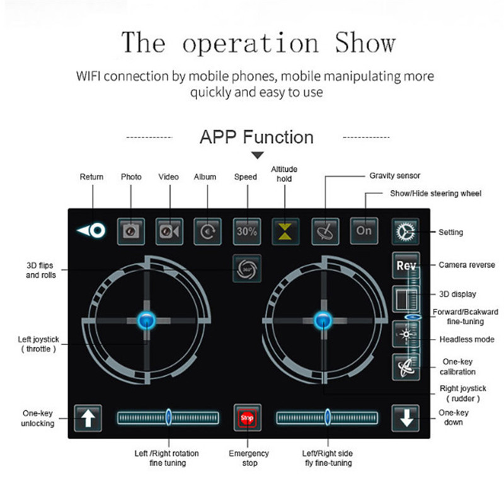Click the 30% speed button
tap(247, 231)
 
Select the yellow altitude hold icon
tap(285, 231)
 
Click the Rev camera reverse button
tap(405, 265)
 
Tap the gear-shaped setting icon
tap(404, 232)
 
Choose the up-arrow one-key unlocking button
tap(88, 418)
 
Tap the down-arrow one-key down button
tap(404, 417)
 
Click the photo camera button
tap(131, 231)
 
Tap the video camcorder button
tap(169, 231)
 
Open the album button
tap(207, 231)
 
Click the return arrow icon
tap(92, 231)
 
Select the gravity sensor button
tap(325, 231)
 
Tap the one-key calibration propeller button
tap(405, 367)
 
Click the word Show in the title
tap(365, 43)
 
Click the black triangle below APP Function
tap(257, 155)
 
